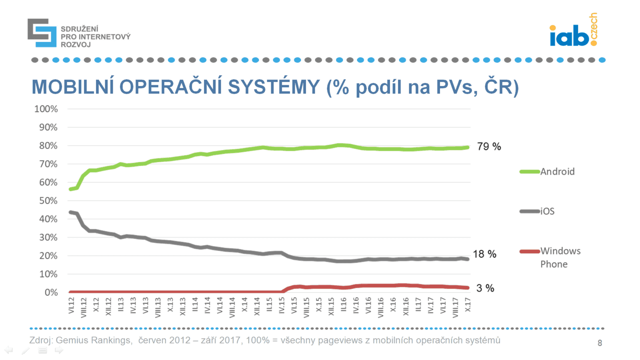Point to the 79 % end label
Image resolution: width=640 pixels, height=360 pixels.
click(x=489, y=146)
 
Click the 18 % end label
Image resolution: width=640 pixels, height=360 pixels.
click(x=484, y=254)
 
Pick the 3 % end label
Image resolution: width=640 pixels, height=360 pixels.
click(x=485, y=288)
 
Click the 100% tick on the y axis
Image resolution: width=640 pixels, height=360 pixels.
click(x=46, y=109)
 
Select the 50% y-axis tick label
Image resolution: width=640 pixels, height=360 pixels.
click(x=48, y=201)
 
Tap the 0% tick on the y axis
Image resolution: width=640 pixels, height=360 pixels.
click(x=51, y=292)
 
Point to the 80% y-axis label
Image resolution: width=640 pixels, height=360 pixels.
click(x=48, y=146)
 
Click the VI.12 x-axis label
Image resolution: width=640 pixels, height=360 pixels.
click(x=72, y=305)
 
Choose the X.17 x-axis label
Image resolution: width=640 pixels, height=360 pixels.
click(x=468, y=305)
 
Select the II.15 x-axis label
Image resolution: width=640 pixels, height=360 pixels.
click(x=270, y=304)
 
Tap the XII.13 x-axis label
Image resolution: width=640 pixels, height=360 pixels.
click(x=183, y=306)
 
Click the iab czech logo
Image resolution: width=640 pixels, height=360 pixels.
click(x=574, y=31)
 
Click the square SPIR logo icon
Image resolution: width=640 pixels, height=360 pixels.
click(x=42, y=33)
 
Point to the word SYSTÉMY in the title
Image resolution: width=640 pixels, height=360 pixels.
click(x=274, y=87)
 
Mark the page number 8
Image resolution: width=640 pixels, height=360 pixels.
click(x=600, y=343)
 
